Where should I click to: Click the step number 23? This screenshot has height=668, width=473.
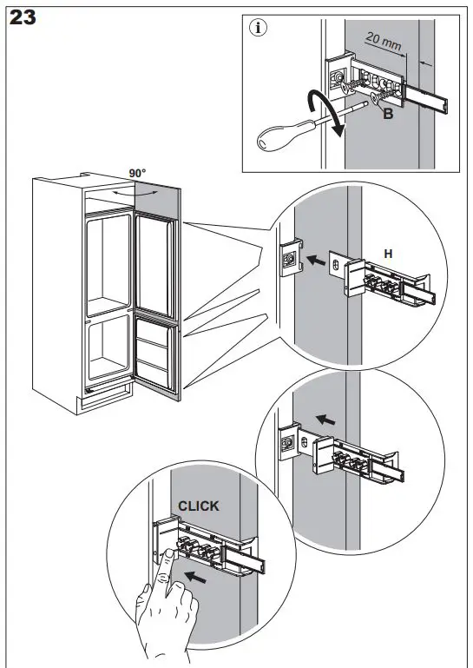(x=23, y=17)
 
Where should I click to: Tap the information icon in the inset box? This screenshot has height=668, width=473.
(x=258, y=28)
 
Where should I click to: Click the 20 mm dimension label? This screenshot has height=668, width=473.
(x=383, y=42)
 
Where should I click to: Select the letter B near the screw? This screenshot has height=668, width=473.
(x=388, y=114)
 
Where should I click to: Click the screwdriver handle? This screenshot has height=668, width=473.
(x=285, y=136)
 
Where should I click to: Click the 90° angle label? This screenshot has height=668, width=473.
(x=137, y=174)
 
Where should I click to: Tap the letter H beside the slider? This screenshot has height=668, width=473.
(x=388, y=254)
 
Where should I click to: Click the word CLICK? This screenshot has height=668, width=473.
(x=199, y=506)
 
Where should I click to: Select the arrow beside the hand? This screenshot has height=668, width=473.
(x=196, y=578)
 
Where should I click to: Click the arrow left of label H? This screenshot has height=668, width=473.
(x=316, y=260)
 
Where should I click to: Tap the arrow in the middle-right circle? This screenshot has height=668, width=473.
(x=325, y=420)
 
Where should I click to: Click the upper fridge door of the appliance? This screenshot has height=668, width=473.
(x=155, y=265)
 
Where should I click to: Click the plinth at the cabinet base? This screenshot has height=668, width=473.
(x=104, y=400)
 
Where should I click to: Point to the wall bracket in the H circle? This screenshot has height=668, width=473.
(x=291, y=258)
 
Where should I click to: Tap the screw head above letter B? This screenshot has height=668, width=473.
(x=376, y=98)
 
